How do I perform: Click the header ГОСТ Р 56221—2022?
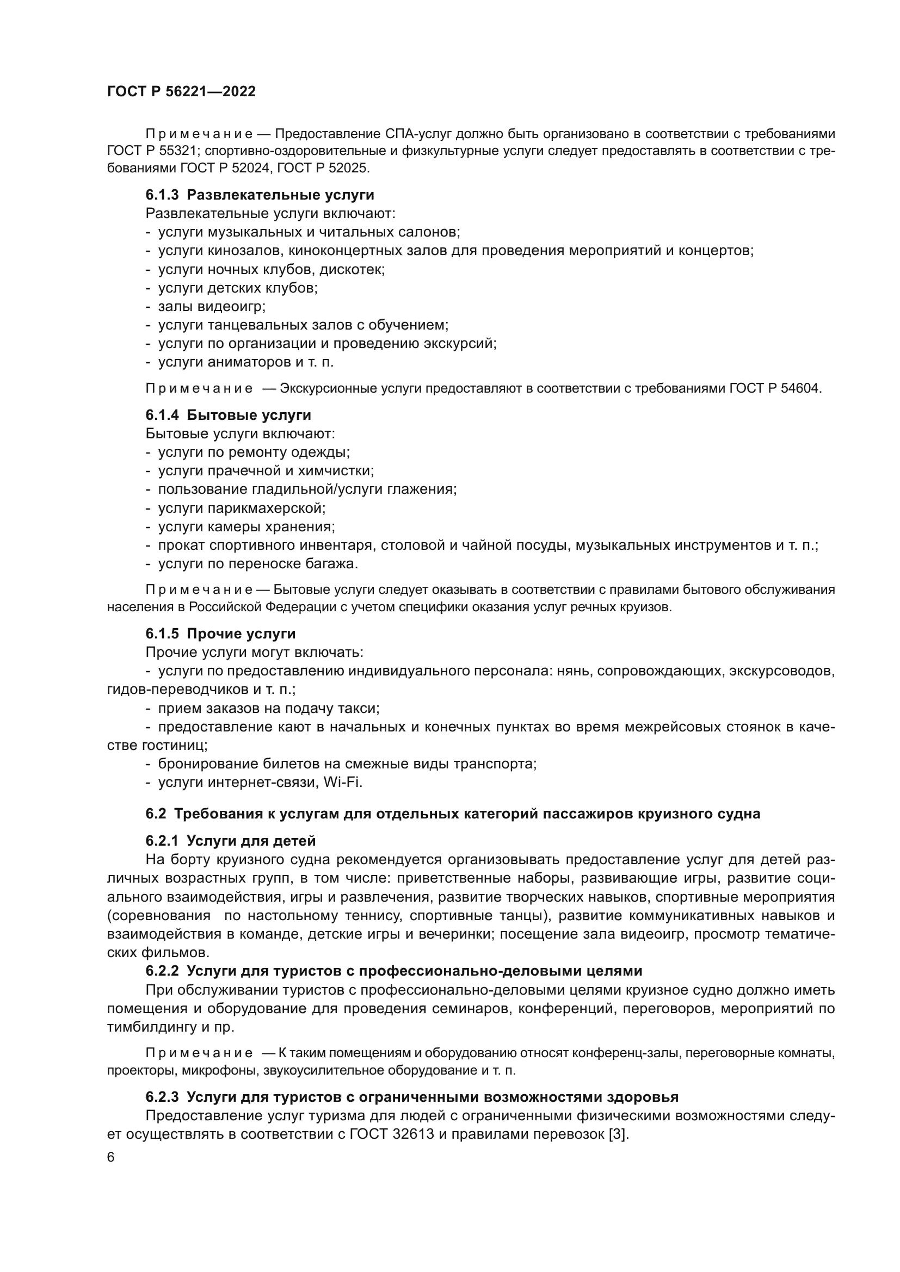click(181, 91)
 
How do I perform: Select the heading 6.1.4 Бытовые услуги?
click(229, 415)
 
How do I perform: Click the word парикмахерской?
click(265, 508)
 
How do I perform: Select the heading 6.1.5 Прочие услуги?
click(220, 634)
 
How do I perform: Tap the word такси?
click(361, 708)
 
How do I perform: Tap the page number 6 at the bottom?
click(111, 1157)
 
